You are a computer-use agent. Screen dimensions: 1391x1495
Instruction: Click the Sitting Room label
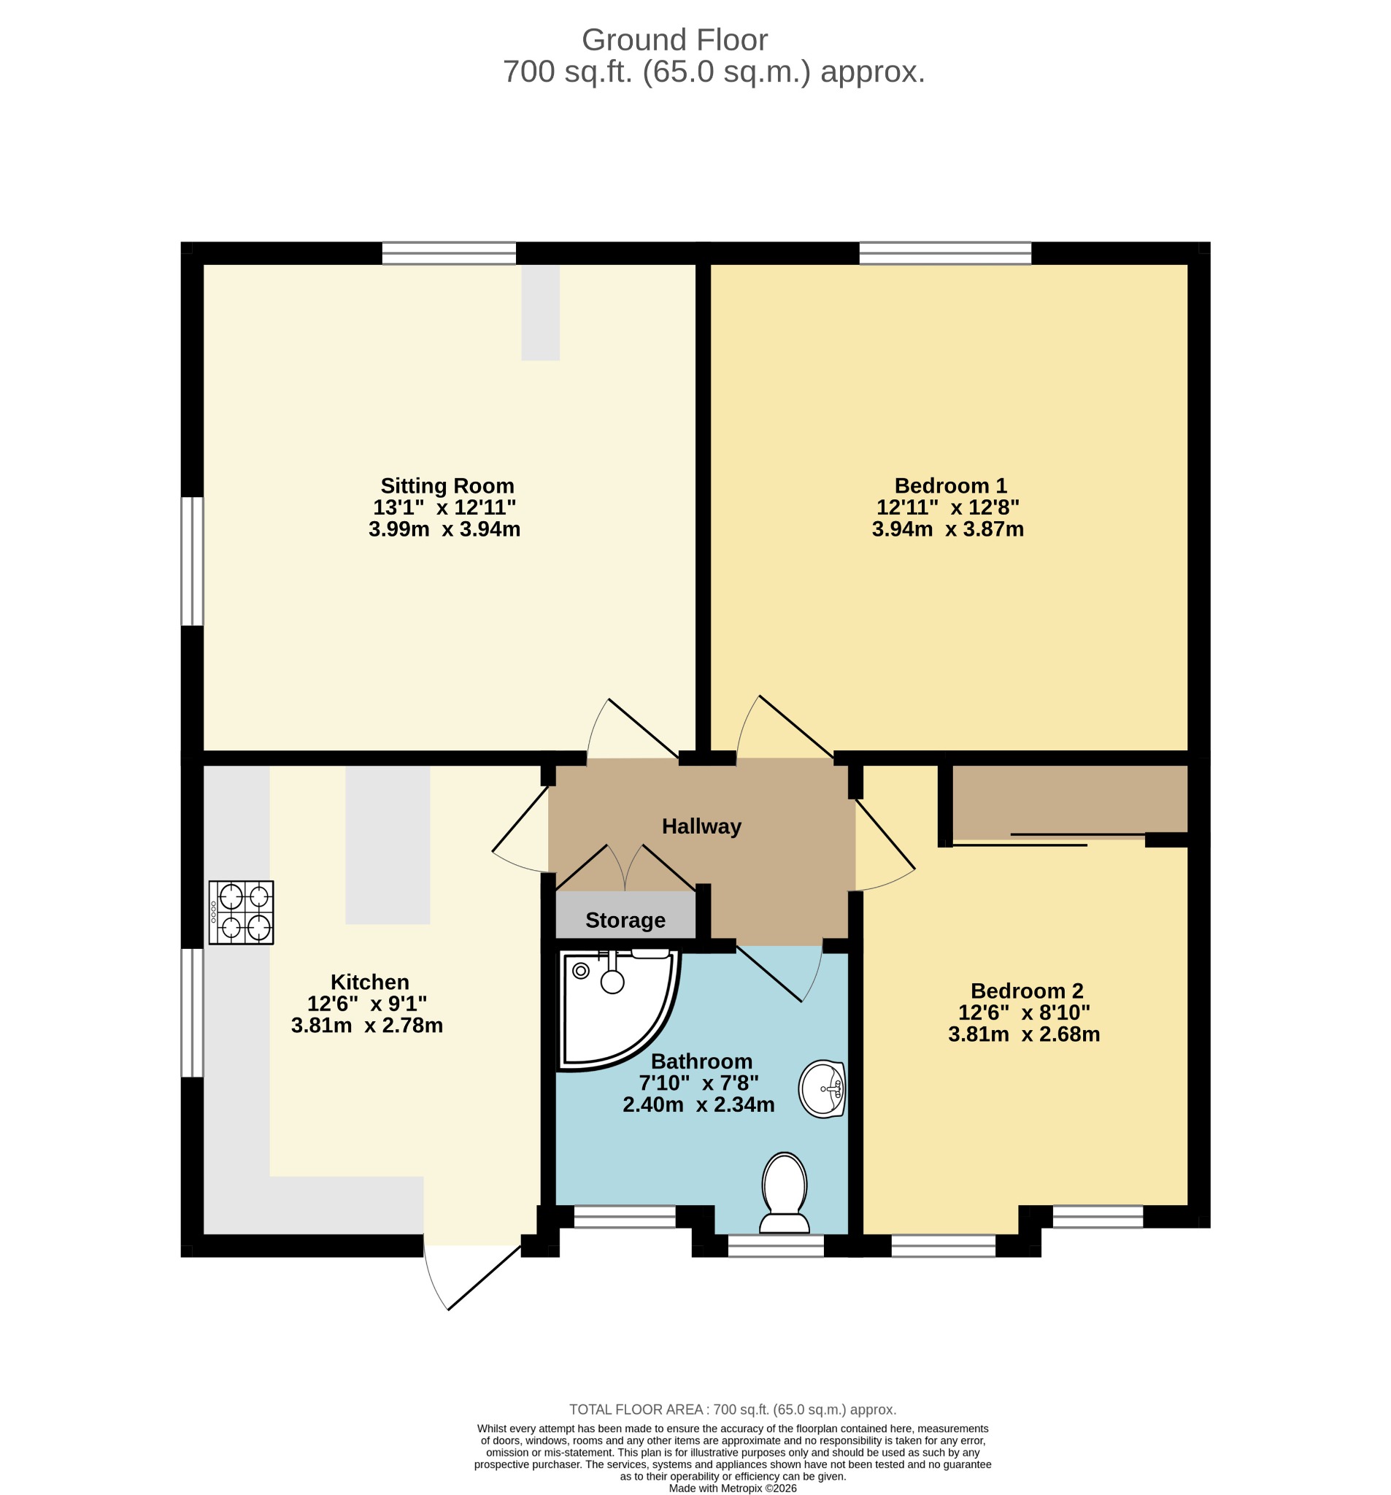447,485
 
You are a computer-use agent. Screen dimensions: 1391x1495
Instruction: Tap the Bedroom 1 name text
950,485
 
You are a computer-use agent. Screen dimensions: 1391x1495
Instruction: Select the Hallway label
701,826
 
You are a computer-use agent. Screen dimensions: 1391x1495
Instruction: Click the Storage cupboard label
625,921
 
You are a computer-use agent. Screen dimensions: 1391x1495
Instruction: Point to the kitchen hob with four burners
242,912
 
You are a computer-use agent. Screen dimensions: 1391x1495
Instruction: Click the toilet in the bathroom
785,1193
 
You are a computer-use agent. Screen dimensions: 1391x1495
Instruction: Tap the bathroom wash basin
822,1089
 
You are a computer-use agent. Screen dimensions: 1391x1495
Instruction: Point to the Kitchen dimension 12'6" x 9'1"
367,1004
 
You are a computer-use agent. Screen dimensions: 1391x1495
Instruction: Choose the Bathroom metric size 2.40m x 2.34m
698,1104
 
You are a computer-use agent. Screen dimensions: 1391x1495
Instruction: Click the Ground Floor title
674,40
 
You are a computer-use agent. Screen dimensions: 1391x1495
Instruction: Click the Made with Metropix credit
733,1488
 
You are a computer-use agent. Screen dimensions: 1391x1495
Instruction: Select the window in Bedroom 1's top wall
945,253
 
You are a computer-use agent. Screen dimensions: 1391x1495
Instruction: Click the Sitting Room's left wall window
193,561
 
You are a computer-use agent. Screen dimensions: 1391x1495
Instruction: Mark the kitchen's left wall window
193,1012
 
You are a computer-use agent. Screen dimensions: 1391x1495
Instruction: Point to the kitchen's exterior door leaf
485,1276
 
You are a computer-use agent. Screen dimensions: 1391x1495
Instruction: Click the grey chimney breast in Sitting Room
541,312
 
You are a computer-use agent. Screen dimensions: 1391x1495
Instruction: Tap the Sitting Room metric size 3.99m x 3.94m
444,529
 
